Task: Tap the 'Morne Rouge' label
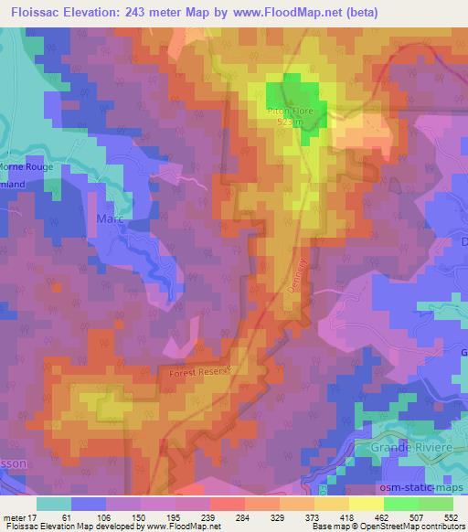tap(27, 167)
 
